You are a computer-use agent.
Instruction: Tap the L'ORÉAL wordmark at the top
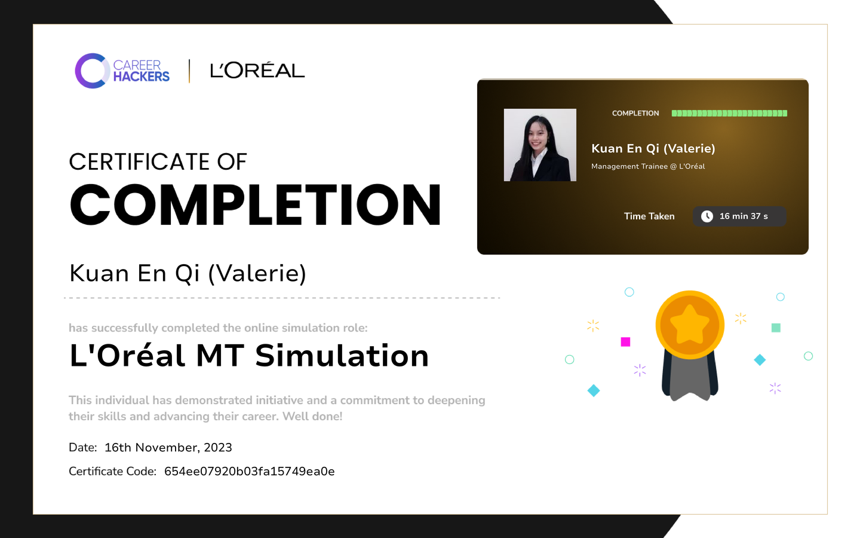click(257, 71)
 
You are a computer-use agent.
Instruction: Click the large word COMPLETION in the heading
click(256, 204)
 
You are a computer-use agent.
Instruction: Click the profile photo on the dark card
click(540, 145)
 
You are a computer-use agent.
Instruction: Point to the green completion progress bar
click(729, 114)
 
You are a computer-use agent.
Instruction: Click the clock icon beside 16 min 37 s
click(707, 216)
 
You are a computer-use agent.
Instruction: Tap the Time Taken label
click(649, 216)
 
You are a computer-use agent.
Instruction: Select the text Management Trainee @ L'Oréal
click(648, 166)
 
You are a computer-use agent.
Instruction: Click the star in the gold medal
click(690, 324)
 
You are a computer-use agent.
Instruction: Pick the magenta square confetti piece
click(625, 342)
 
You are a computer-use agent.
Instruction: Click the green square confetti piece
click(776, 328)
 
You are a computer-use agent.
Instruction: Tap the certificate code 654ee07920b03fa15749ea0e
click(250, 471)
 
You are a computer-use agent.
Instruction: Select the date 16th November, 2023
click(168, 447)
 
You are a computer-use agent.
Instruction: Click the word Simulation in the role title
click(342, 356)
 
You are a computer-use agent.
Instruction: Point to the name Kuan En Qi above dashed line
click(134, 273)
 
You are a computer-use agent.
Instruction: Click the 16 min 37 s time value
click(744, 216)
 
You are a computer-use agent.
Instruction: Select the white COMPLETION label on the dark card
click(635, 114)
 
